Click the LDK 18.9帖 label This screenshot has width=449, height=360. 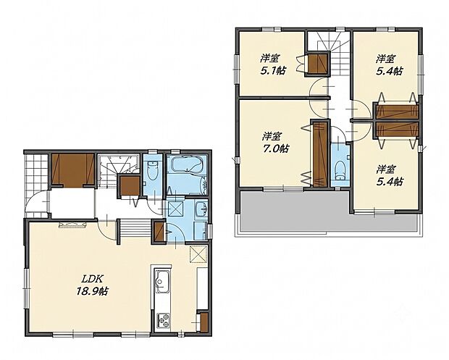[x=92, y=285]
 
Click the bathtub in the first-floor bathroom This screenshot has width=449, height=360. [x=186, y=164]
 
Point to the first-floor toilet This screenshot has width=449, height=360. [x=152, y=170]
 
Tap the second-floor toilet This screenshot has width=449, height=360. [x=340, y=169]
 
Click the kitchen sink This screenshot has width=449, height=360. [x=161, y=282]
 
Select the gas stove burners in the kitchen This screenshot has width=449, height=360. [x=163, y=320]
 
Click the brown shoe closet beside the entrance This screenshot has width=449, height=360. [x=73, y=169]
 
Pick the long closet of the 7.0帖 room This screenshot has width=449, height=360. [x=320, y=154]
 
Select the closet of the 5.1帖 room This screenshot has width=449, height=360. [x=317, y=64]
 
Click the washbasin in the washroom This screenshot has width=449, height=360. [x=202, y=209]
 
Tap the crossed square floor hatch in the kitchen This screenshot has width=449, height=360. [x=198, y=254]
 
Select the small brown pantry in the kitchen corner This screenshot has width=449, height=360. [x=203, y=322]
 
